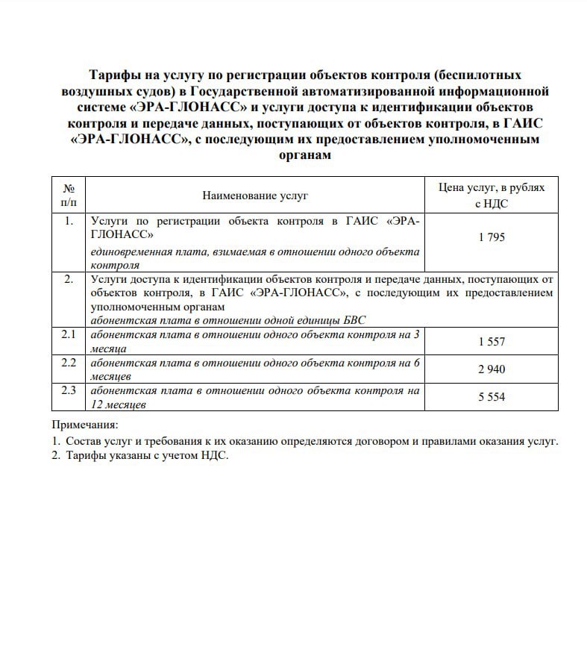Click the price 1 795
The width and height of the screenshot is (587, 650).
click(x=492, y=237)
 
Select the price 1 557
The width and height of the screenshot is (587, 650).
click(x=492, y=342)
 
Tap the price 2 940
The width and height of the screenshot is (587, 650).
click(x=492, y=369)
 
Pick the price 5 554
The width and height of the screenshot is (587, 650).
click(x=492, y=397)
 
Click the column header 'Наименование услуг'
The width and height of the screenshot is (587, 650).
click(x=255, y=196)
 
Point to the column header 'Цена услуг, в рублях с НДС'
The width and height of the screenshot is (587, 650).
click(x=492, y=196)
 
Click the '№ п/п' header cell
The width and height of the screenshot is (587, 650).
click(x=69, y=196)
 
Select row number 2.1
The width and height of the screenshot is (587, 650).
click(x=69, y=335)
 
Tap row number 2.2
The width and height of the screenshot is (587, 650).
click(x=69, y=363)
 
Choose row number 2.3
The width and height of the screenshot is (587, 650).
click(x=69, y=390)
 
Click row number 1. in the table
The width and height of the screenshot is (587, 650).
click(x=69, y=221)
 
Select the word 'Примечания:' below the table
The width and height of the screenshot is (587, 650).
click(x=80, y=425)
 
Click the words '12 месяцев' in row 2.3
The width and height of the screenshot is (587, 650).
click(x=118, y=404)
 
